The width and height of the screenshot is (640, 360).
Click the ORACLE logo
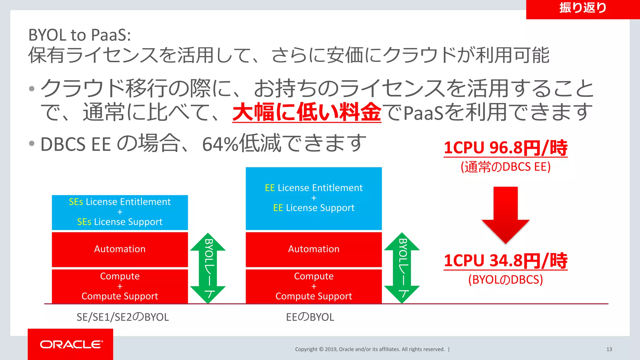71,344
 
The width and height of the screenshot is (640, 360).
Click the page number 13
609,349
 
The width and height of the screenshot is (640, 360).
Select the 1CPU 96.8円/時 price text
505,148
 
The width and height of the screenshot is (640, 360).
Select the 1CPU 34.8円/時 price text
505,261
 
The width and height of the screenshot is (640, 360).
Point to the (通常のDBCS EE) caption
505,167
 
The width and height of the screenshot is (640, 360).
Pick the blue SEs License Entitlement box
120,212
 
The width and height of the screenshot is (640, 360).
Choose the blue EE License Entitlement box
314,198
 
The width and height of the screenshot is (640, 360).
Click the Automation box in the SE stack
120,249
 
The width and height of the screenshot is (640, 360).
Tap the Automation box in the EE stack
314,249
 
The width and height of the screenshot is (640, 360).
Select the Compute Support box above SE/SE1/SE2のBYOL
120,286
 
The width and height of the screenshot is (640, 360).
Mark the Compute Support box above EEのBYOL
314,286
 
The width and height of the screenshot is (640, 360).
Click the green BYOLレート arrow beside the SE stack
208,268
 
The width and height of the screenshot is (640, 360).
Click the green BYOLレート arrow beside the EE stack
402,268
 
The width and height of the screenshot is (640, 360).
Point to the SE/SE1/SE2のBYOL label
122,317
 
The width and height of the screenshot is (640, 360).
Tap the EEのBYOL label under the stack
310,317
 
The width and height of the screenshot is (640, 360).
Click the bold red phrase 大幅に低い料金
307,112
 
